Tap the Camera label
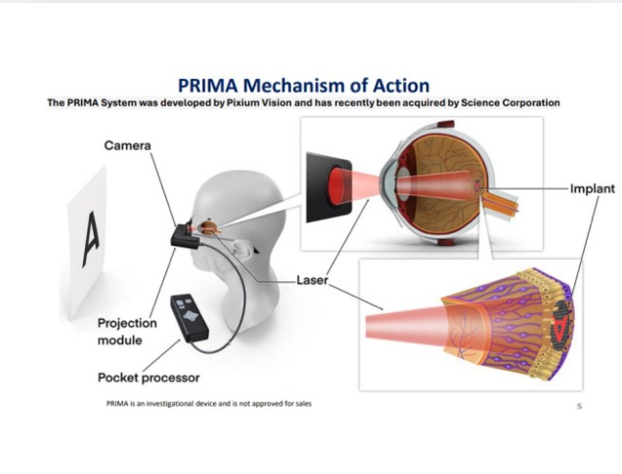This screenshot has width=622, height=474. point(127,146)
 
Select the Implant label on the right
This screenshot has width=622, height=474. point(592,188)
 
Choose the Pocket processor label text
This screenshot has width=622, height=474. point(149,377)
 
